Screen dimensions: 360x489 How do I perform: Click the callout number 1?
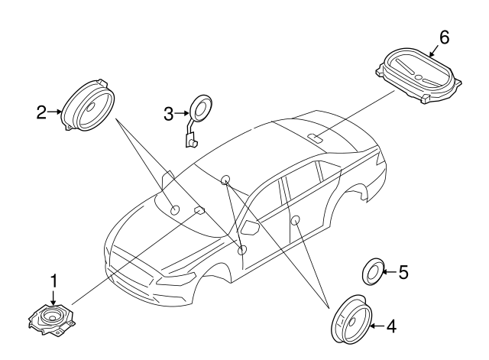click(x=53, y=282)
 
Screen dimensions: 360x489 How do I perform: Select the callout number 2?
click(x=43, y=113)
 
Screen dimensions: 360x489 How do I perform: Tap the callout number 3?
click(x=169, y=114)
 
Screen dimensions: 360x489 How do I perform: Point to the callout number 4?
click(x=390, y=326)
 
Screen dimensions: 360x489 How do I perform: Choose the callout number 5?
click(x=404, y=271)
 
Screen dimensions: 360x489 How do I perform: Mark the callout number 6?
click(x=444, y=37)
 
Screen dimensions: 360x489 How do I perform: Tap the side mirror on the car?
click(x=251, y=227)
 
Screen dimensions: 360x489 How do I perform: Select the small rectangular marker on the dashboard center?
click(x=200, y=209)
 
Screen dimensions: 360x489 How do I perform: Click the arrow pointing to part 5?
click(x=389, y=271)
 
